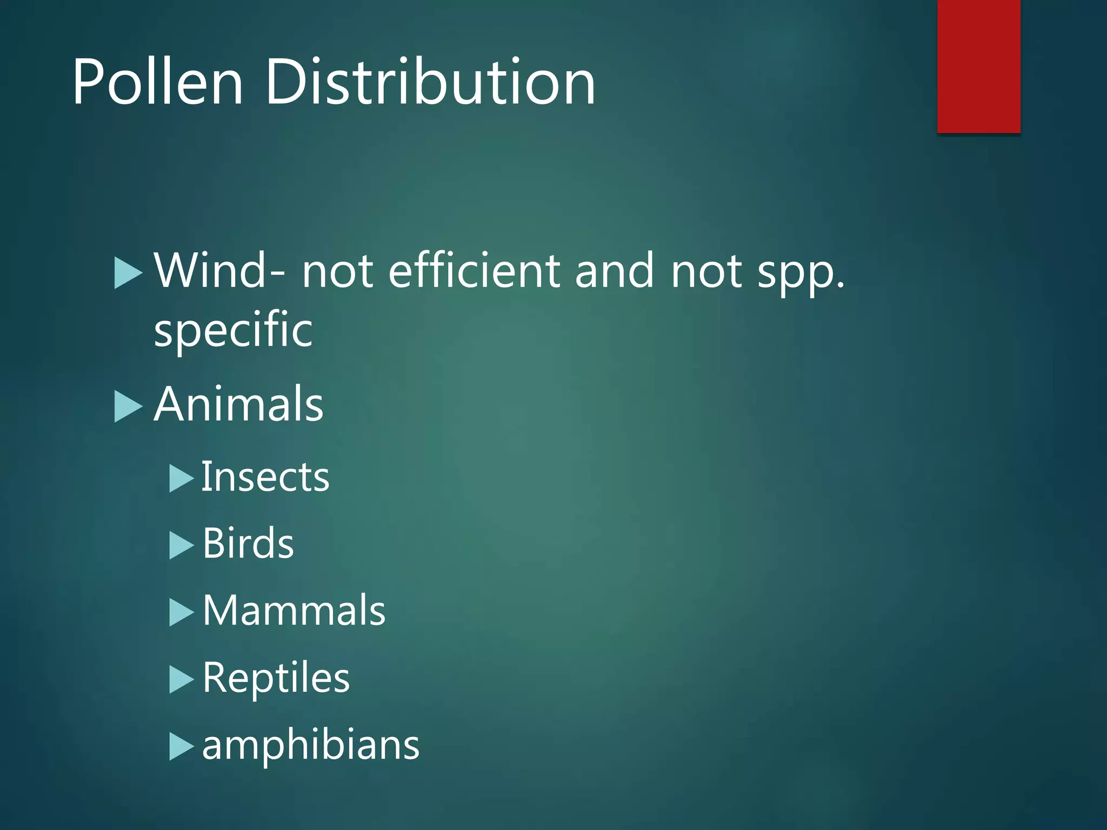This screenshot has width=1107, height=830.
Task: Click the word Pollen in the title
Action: click(158, 82)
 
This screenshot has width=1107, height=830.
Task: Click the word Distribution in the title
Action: click(430, 82)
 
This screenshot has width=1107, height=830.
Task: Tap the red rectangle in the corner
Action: click(978, 66)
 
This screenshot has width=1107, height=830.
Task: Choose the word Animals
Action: click(238, 404)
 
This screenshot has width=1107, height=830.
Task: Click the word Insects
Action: click(265, 477)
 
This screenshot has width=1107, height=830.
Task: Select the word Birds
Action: click(248, 544)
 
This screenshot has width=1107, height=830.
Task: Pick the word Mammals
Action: click(294, 611)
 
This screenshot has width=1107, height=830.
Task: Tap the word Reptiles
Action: click(276, 678)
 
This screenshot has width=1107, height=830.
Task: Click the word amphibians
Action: click(311, 745)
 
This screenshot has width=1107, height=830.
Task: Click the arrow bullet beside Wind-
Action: click(128, 273)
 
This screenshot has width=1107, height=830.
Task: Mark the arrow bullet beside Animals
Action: click(128, 406)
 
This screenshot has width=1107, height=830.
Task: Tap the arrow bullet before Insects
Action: click(181, 478)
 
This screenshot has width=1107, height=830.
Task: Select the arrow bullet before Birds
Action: click(181, 545)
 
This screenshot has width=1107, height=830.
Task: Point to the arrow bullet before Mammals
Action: click(181, 612)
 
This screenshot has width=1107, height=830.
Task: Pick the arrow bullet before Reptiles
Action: click(181, 679)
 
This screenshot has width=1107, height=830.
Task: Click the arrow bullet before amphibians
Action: click(181, 746)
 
